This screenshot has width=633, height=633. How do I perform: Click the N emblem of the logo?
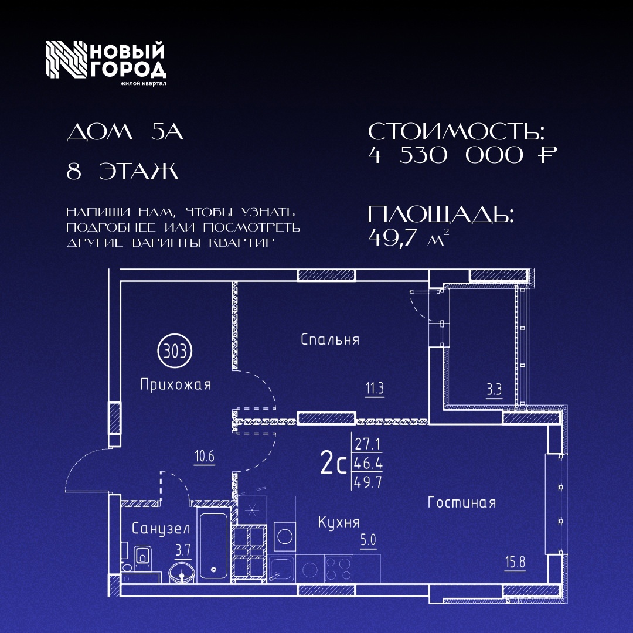pyautogui.click(x=63, y=60)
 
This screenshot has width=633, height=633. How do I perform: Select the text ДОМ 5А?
pyautogui.click(x=125, y=133)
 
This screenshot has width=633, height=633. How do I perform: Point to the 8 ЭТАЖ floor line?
pyautogui.click(x=122, y=172)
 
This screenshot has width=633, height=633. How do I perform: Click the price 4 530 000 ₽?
pyautogui.click(x=462, y=155)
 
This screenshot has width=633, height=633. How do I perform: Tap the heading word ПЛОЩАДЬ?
pyautogui.click(x=441, y=215)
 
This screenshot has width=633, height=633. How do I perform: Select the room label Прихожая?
pyautogui.click(x=175, y=385)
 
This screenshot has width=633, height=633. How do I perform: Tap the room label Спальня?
pyautogui.click(x=330, y=339)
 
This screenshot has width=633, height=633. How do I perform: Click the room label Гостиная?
pyautogui.click(x=462, y=502)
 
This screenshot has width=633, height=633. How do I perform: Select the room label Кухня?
pyautogui.click(x=339, y=522)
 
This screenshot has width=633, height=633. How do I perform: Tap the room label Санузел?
pyautogui.click(x=161, y=528)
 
